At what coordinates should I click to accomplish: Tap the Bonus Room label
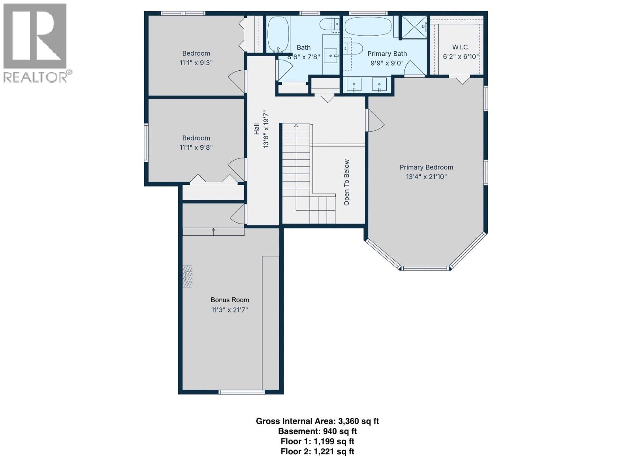click(229, 300)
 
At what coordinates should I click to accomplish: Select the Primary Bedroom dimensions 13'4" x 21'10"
click(426, 177)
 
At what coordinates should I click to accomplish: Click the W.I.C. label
click(461, 47)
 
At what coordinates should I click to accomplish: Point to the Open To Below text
click(347, 182)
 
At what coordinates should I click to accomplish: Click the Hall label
click(257, 129)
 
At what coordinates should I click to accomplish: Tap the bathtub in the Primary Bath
click(368, 26)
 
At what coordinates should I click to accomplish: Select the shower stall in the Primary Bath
click(414, 27)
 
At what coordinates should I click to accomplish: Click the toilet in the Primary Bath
click(352, 49)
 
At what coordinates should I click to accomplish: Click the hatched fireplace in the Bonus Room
click(187, 276)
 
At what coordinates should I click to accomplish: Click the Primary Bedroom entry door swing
click(376, 121)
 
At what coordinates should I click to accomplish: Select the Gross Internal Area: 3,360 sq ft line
click(317, 421)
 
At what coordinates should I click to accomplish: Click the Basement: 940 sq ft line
click(317, 431)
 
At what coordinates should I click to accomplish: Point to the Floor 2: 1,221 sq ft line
click(317, 451)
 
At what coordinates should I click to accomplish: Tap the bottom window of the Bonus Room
click(242, 392)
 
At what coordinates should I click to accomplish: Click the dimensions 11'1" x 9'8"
click(196, 147)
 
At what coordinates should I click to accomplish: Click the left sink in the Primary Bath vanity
click(354, 85)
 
